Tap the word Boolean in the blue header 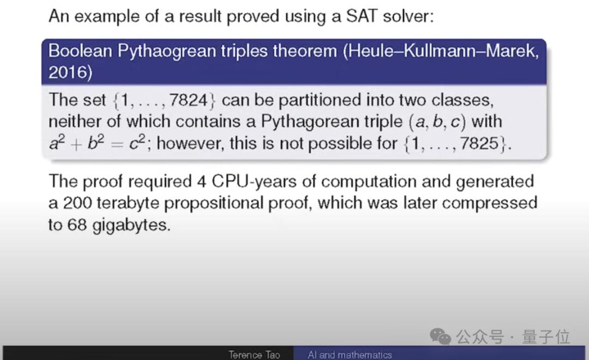pyautogui.click(x=80, y=51)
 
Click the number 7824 pyautogui.click(x=188, y=100)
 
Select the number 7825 pyautogui.click(x=479, y=143)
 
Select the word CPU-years pyautogui.click(x=255, y=182)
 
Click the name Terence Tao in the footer pyautogui.click(x=254, y=355)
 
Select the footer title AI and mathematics pyautogui.click(x=350, y=355)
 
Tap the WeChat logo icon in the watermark pyautogui.click(x=440, y=336)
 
